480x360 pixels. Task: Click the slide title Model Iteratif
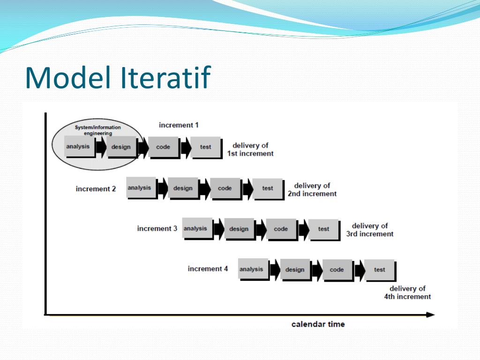pyautogui.click(x=118, y=78)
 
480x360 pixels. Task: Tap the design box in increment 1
pyautogui.click(x=121, y=147)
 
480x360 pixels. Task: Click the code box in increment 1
pyautogui.click(x=164, y=147)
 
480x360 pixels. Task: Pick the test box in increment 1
pyautogui.click(x=206, y=147)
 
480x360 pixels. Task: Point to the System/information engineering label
pyautogui.click(x=98, y=130)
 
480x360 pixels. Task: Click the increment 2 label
pyautogui.click(x=96, y=189)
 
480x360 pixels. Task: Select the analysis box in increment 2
pyautogui.click(x=141, y=188)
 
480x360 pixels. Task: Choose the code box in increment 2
pyautogui.click(x=225, y=188)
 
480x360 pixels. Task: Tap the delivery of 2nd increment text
pyautogui.click(x=312, y=189)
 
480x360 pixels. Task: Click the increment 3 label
pyautogui.click(x=157, y=229)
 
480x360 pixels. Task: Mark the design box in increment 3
pyautogui.click(x=239, y=229)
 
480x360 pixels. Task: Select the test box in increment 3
pyautogui.click(x=323, y=229)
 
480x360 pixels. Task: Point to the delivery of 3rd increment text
pyautogui.click(x=370, y=230)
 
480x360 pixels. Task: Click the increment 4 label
pyautogui.click(x=208, y=269)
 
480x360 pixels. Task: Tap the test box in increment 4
pyautogui.click(x=379, y=270)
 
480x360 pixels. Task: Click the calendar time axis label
pyautogui.click(x=318, y=324)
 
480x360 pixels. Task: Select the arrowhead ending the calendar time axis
pyautogui.click(x=430, y=315)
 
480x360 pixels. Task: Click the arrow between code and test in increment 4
pyautogui.click(x=359, y=270)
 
